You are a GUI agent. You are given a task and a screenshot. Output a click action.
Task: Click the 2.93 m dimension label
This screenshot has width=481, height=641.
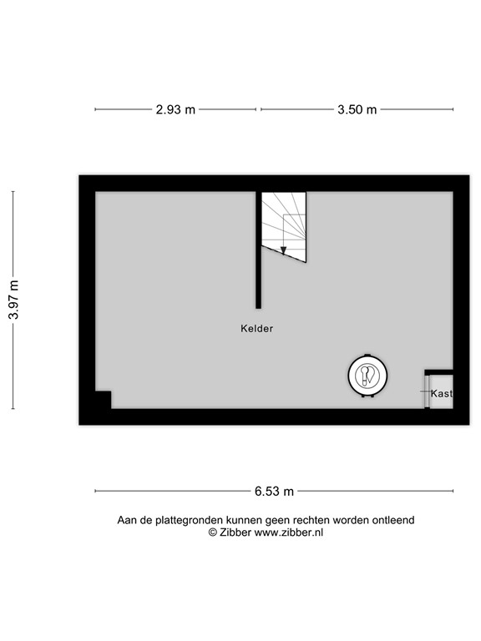point(175,109)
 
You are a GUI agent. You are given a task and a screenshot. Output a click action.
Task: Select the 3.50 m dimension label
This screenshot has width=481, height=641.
point(357,109)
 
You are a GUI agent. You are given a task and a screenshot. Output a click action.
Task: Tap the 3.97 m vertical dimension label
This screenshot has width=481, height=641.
point(13,300)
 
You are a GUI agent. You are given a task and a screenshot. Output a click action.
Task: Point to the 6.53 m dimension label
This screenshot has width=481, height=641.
point(274,491)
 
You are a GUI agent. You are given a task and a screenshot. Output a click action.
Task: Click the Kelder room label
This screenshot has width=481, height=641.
point(256,329)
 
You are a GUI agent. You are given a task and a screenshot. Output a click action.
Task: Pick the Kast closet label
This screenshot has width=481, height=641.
point(441,393)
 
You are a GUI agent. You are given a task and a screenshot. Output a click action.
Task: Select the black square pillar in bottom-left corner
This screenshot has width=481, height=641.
point(102,400)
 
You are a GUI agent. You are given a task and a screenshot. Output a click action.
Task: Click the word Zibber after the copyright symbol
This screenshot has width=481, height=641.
point(235,532)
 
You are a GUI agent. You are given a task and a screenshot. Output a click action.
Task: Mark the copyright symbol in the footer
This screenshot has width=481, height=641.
point(212,532)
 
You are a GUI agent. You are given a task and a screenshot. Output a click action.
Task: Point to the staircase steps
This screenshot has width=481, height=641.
point(284,221)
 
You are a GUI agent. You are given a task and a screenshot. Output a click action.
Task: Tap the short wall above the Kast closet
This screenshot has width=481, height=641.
point(439,372)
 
